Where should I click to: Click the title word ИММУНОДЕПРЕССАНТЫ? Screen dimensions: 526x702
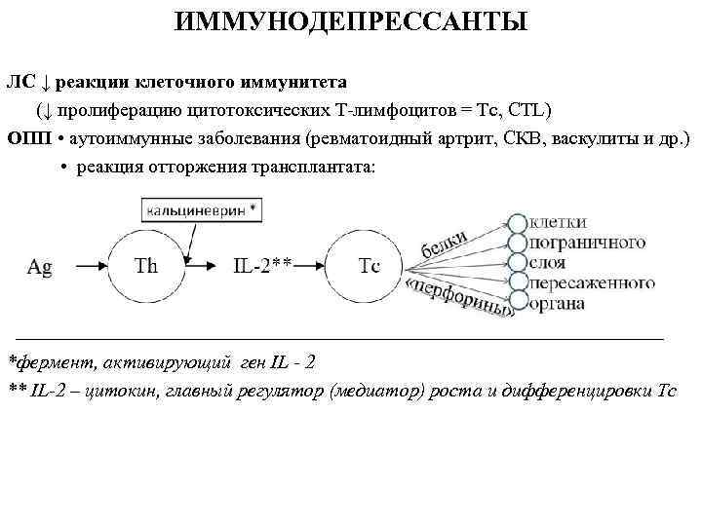click(351, 20)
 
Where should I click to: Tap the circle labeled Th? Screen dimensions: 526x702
click(145, 266)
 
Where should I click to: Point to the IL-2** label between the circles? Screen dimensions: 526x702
click(262, 266)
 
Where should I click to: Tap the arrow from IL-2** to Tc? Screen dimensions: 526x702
click(312, 266)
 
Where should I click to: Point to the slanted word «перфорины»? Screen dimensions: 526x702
click(458, 298)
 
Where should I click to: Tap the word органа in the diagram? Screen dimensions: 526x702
click(559, 304)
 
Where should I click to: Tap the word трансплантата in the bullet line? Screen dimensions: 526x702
click(310, 167)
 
